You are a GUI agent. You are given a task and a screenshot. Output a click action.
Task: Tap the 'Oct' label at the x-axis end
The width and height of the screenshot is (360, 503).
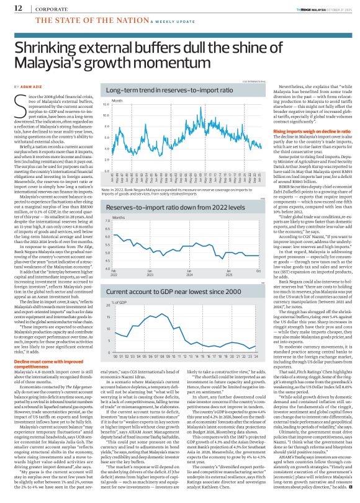point(257,254)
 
